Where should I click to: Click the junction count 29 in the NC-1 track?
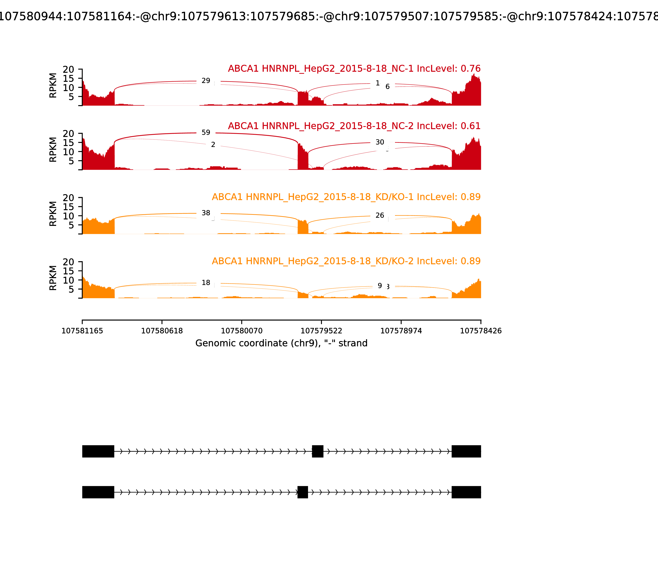206,81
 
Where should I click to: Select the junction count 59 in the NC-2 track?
206,132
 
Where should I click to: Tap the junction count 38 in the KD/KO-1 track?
206,213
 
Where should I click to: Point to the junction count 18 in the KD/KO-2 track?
206,282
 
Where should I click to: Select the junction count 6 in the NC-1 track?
387,86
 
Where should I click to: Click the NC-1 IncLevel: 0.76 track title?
354,69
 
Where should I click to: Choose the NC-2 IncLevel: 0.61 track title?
354,126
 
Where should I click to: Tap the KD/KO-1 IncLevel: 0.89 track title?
346,197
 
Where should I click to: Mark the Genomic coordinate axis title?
281,343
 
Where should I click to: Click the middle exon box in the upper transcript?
317,451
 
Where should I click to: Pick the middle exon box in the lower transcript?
303,492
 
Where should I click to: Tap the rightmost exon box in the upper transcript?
466,451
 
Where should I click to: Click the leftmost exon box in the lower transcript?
98,492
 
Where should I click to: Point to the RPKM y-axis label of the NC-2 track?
53,150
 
